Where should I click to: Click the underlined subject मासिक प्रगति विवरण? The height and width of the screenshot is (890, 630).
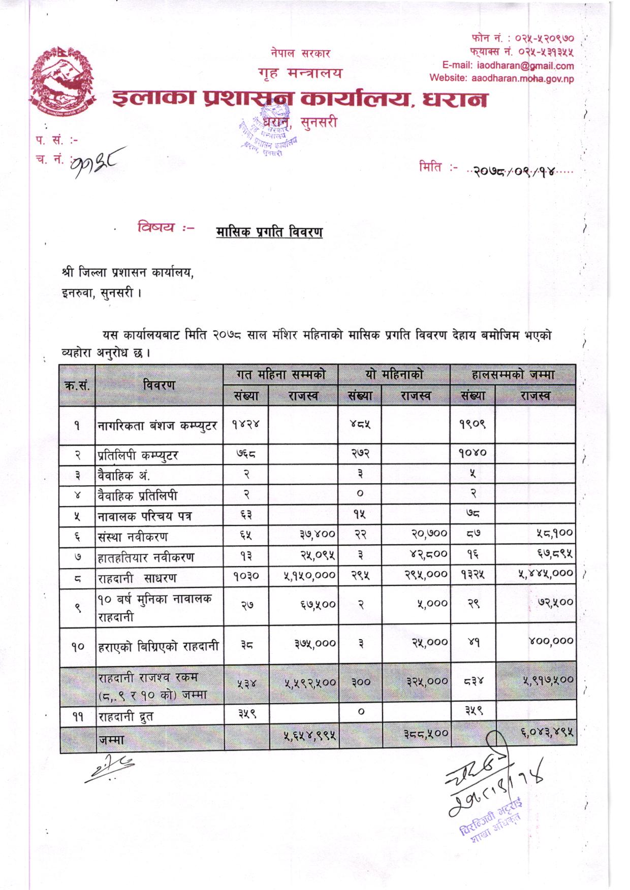click(x=269, y=232)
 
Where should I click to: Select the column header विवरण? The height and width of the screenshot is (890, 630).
click(x=159, y=385)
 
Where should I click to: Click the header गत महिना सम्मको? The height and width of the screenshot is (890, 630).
click(x=280, y=375)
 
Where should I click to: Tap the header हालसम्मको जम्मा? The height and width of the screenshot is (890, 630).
click(x=513, y=375)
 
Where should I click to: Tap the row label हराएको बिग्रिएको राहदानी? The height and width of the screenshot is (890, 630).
click(x=158, y=646)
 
